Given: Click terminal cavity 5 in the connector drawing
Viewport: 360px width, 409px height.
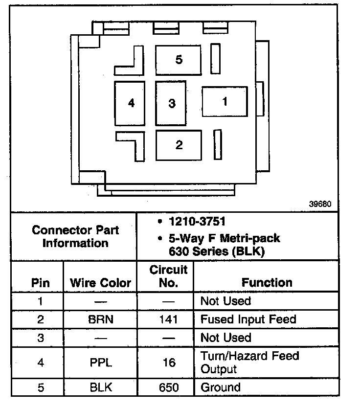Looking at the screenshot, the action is tap(179, 61).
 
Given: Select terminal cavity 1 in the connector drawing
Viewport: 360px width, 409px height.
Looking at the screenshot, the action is tap(225, 102).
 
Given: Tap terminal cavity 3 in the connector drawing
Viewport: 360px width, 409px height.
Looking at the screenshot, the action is tap(171, 103).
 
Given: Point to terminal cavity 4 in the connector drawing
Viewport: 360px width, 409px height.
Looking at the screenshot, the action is tap(130, 103).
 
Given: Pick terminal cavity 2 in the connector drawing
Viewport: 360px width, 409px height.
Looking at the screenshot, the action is tap(179, 145).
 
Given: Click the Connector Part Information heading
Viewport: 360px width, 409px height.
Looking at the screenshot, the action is tap(75, 236).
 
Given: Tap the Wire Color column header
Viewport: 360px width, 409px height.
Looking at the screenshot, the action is tap(100, 283).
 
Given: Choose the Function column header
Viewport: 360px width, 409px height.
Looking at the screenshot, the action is tap(267, 282).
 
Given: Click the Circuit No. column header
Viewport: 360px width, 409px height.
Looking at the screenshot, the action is tap(168, 276).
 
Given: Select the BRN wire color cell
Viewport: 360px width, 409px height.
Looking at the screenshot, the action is tap(100, 320).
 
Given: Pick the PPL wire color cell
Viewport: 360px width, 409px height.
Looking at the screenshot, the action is tap(100, 363).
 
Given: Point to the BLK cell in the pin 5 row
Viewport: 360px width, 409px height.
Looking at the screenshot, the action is tap(100, 387).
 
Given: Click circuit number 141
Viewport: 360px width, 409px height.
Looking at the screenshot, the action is tap(168, 320).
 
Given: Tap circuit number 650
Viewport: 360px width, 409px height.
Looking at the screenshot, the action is tap(168, 387).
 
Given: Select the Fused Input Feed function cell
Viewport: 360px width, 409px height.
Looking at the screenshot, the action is tap(248, 319).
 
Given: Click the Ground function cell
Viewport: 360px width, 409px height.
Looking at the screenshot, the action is tap(221, 387).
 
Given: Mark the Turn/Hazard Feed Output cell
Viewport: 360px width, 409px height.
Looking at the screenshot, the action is tap(249, 363).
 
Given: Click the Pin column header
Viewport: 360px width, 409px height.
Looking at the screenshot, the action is tap(40, 283).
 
